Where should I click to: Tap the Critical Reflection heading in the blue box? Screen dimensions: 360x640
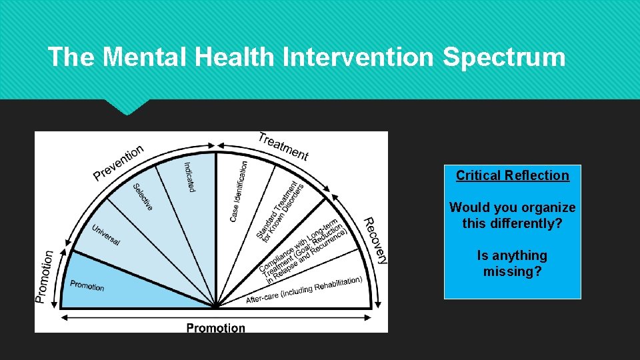512,175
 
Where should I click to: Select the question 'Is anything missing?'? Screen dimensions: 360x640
512,263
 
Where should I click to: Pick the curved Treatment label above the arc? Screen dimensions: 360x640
283,146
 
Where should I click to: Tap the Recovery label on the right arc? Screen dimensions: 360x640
375,240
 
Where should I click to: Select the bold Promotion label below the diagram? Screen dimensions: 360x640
215,327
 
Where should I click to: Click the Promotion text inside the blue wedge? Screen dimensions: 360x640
87,285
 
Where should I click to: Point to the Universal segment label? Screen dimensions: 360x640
106,234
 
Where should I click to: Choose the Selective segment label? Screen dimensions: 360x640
143,197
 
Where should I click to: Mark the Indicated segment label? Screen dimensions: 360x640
189,177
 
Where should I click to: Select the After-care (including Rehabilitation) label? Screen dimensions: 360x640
304,290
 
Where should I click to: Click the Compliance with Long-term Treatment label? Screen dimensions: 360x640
303,247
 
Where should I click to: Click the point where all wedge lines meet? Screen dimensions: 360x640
216,307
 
